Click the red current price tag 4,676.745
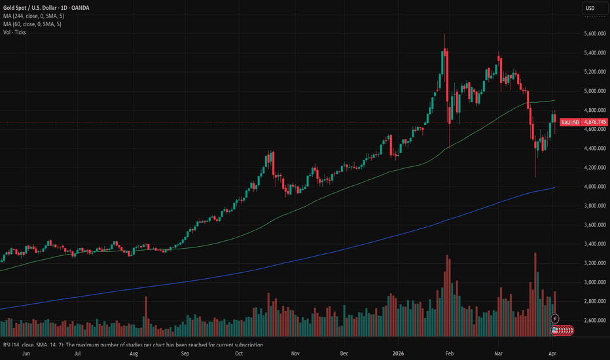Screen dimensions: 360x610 click(x=594, y=122)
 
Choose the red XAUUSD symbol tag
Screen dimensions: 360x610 click(x=571, y=122)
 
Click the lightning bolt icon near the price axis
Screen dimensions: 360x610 click(x=556, y=318)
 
